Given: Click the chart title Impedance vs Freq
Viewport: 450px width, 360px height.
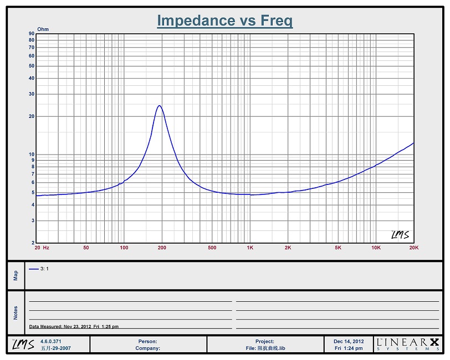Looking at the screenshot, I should click(224, 21).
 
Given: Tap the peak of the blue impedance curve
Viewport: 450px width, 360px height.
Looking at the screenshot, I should click(160, 106).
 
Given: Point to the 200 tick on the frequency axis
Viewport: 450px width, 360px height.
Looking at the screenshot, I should click(162, 248).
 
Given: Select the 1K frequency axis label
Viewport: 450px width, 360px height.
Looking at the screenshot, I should click(250, 248).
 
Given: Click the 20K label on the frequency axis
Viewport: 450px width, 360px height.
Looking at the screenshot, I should click(413, 248).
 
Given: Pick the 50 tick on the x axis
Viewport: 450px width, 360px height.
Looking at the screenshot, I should click(86, 248).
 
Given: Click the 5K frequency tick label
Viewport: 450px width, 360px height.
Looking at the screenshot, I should click(338, 248).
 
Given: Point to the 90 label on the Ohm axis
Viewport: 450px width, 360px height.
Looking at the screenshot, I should click(32, 34).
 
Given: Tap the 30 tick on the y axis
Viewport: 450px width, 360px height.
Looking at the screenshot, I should click(32, 94).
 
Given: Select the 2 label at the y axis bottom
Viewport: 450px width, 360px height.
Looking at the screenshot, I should click(33, 243).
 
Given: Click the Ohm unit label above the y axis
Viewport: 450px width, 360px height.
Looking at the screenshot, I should click(43, 29).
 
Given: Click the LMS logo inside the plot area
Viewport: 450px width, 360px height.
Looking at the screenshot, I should click(400, 235).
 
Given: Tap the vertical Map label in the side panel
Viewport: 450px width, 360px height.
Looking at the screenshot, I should click(16, 275).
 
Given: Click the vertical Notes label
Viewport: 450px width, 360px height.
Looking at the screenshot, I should click(16, 313).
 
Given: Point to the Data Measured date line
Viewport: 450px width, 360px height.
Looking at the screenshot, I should click(74, 326).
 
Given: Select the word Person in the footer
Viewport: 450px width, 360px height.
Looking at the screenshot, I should click(147, 342).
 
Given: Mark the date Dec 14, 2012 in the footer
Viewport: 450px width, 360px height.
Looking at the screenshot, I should click(349, 341).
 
